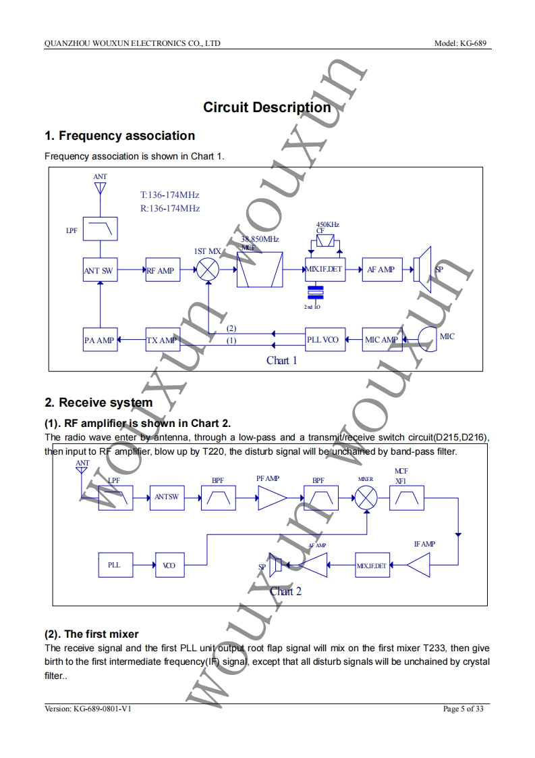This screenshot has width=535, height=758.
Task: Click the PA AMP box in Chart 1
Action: point(99,340)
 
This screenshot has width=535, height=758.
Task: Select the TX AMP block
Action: point(162,340)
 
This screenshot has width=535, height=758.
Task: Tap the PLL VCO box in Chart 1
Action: point(323,339)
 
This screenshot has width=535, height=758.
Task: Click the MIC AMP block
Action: point(381,339)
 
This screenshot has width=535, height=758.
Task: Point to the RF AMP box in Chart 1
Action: point(161,270)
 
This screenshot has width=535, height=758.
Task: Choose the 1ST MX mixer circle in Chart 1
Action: point(208,271)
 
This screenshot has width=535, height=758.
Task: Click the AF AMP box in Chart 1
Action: point(381,270)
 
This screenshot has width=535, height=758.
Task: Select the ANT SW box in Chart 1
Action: point(99,270)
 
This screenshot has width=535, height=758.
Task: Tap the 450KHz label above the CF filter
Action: point(327,224)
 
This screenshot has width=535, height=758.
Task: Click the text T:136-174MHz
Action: point(169,195)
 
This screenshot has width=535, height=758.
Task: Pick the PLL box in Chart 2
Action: point(114,565)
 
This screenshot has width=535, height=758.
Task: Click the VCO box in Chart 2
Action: point(169,565)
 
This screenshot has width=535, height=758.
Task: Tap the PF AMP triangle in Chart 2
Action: point(271,499)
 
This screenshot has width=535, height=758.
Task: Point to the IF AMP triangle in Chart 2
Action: point(420,565)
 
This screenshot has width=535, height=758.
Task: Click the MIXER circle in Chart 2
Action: point(366,497)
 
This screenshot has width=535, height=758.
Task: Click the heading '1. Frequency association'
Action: point(119,136)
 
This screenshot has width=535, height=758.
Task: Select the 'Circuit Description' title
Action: point(267,107)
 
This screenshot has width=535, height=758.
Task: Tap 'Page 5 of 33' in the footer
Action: point(463,709)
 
